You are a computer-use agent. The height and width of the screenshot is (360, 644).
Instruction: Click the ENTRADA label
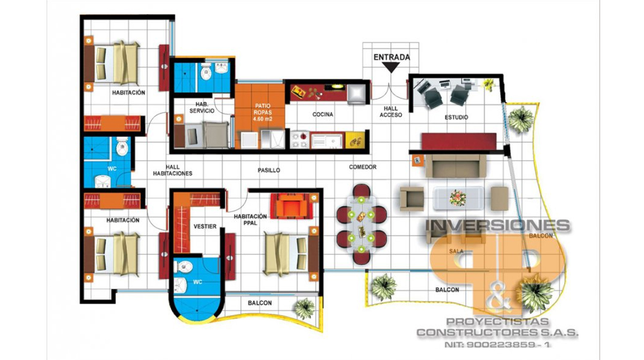click(391, 57)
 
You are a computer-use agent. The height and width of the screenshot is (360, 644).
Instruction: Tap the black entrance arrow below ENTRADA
click(391, 67)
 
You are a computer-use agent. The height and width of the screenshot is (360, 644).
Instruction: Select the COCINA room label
click(323, 115)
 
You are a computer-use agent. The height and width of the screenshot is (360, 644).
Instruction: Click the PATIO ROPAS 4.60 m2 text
click(262, 112)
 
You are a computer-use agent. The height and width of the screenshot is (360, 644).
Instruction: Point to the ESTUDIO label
click(456, 117)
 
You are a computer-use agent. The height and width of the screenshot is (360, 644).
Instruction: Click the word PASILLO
click(269, 170)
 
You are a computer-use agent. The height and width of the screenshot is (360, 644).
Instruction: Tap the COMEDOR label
click(362, 167)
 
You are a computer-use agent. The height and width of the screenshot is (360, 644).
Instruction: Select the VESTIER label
click(205, 227)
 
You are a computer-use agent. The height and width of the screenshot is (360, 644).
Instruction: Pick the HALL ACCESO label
click(391, 111)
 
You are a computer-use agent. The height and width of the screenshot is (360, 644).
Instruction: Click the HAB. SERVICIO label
click(202, 108)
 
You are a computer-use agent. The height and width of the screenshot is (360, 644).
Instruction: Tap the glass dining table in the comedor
click(361, 224)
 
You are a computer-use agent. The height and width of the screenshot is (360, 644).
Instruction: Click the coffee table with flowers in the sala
click(458, 198)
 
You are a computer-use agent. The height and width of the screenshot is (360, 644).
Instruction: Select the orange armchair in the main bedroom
click(291, 206)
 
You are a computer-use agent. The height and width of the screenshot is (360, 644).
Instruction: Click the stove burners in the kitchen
click(299, 140)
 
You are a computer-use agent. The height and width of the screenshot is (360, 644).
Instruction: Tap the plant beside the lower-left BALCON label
click(305, 309)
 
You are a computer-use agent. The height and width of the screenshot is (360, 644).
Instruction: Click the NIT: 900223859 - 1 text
click(497, 344)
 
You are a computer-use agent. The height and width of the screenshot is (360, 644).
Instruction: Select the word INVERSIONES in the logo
click(498, 226)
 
